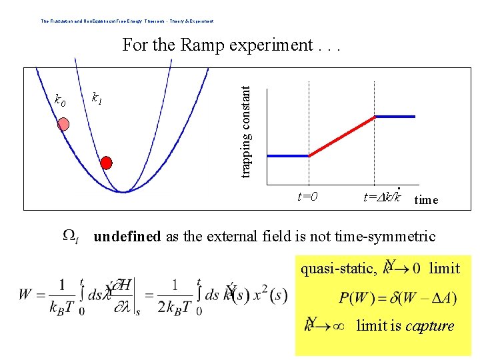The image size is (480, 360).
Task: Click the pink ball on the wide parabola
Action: pos(63,124)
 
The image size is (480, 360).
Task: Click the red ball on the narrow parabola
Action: pos(106,162)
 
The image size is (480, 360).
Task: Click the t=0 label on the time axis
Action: pos(307,197)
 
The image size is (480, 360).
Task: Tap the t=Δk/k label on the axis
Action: pos(382,197)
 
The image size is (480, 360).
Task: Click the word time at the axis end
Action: pos(426,199)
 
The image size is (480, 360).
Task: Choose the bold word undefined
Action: pos(127,236)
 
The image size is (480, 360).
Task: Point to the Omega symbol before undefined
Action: pos(71,237)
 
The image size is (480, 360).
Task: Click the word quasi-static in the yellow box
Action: pos(335,268)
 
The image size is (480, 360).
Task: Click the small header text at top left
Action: pos(127,21)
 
